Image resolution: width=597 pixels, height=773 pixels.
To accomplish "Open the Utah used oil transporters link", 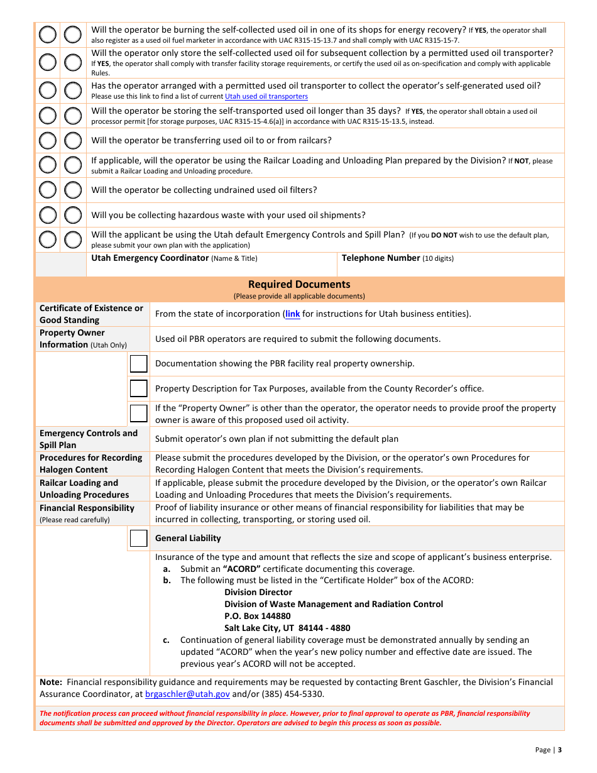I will point(266,96).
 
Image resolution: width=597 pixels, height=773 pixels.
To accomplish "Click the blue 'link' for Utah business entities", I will point(292,314).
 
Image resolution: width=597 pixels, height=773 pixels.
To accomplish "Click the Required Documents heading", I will point(299,284).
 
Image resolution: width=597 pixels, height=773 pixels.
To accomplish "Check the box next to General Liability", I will point(138,539).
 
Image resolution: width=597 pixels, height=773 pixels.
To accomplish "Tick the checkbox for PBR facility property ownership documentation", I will point(138,364).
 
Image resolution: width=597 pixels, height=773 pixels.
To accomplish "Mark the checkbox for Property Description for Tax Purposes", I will point(138,388).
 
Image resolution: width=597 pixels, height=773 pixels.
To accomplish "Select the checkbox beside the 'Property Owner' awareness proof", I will point(138,414).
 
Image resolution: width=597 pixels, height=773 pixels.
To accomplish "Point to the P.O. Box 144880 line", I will point(258,616).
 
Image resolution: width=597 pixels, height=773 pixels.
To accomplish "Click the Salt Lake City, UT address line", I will point(287,628).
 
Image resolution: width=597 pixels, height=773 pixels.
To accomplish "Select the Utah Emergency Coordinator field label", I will point(150,258).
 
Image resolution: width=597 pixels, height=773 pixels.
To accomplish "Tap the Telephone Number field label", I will point(381,258).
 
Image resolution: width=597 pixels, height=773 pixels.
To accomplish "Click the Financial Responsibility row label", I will point(87,508).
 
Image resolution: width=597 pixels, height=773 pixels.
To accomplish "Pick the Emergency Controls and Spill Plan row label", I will point(88,439).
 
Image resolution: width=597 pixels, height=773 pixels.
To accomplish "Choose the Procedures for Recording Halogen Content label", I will point(90,464).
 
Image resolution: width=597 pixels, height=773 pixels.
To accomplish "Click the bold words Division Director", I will point(258,592).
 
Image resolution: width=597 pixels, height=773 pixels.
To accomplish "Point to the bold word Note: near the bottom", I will point(50,682).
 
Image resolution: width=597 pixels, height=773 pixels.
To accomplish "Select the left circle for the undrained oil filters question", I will point(48,190).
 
